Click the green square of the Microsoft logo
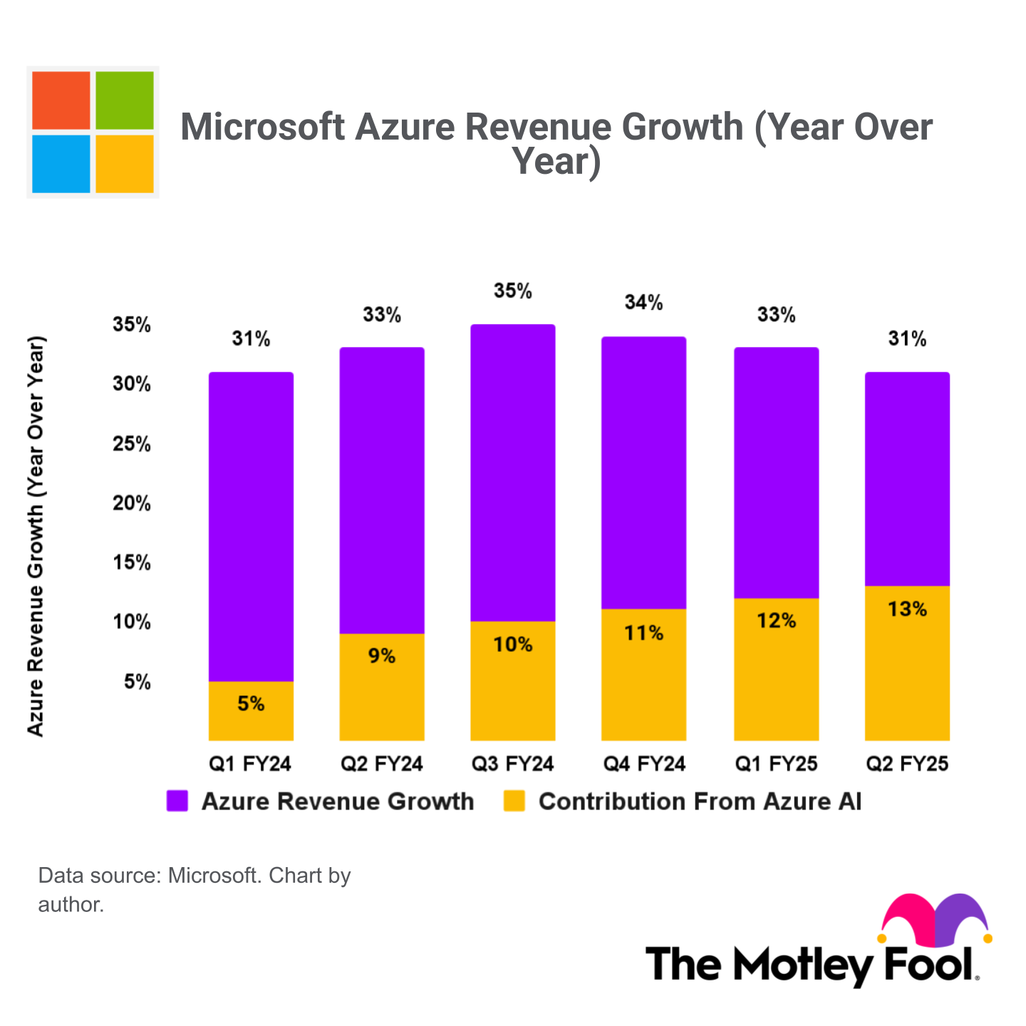[x=125, y=100]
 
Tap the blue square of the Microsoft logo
[x=61, y=164]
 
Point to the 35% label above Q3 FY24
[x=513, y=291]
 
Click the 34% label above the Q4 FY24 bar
[x=644, y=303]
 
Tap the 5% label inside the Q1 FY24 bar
[x=251, y=704]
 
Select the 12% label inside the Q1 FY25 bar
[x=776, y=621]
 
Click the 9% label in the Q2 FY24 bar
[x=382, y=655]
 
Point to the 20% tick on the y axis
[x=132, y=504]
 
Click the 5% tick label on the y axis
[x=137, y=682]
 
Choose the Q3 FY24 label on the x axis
[x=513, y=765]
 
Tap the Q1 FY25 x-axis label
[x=776, y=765]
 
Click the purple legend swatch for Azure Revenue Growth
[x=177, y=801]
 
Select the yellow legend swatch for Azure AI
[x=514, y=801]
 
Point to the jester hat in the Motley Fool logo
[x=936, y=919]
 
